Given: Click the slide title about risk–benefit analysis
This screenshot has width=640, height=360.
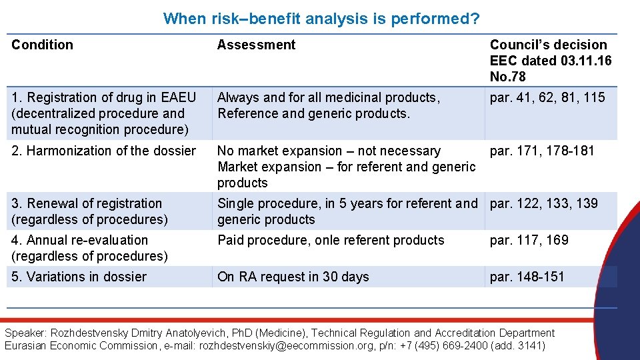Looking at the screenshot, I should tap(321, 19).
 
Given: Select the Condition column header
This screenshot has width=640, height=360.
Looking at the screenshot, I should tap(43, 45).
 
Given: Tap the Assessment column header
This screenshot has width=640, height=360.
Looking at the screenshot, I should tap(256, 45).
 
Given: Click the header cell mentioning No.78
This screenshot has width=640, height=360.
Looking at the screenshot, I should tap(550, 61).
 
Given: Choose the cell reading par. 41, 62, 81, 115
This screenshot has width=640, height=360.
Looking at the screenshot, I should tap(547, 97).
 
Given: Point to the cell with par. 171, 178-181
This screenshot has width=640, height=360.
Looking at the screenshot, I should tap(541, 151).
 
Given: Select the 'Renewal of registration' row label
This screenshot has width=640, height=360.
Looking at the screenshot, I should tap(87, 211).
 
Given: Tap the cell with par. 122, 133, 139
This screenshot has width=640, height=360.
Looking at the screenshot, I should tap(544, 203).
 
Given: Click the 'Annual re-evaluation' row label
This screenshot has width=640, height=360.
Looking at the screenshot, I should tap(87, 247).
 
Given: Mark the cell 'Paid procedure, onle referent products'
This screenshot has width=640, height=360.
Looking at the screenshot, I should tap(331, 240).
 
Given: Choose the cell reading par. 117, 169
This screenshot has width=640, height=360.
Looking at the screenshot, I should tap(529, 240).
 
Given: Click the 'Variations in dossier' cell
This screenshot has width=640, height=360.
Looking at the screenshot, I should tap(79, 277).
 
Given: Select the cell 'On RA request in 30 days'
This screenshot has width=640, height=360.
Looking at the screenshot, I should tap(293, 277).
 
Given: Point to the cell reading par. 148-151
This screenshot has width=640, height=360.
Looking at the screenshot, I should tap(527, 277).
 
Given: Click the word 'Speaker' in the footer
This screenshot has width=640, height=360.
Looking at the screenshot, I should tap(25, 333).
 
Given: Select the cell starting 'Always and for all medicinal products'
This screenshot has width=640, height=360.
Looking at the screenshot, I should tap(329, 105).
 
